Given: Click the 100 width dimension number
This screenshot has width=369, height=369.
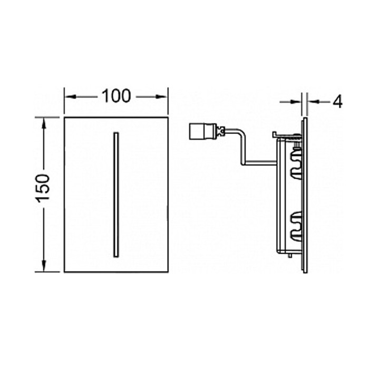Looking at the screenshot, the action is point(116,96).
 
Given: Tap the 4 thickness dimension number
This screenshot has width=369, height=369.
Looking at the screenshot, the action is point(338,102).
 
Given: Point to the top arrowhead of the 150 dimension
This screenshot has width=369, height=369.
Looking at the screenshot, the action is point(44,123).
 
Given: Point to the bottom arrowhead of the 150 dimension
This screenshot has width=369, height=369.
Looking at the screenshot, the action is point(44,266).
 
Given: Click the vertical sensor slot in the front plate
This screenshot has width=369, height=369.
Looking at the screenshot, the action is point(116,195).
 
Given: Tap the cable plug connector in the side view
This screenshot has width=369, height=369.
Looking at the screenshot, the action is point(204,132).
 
